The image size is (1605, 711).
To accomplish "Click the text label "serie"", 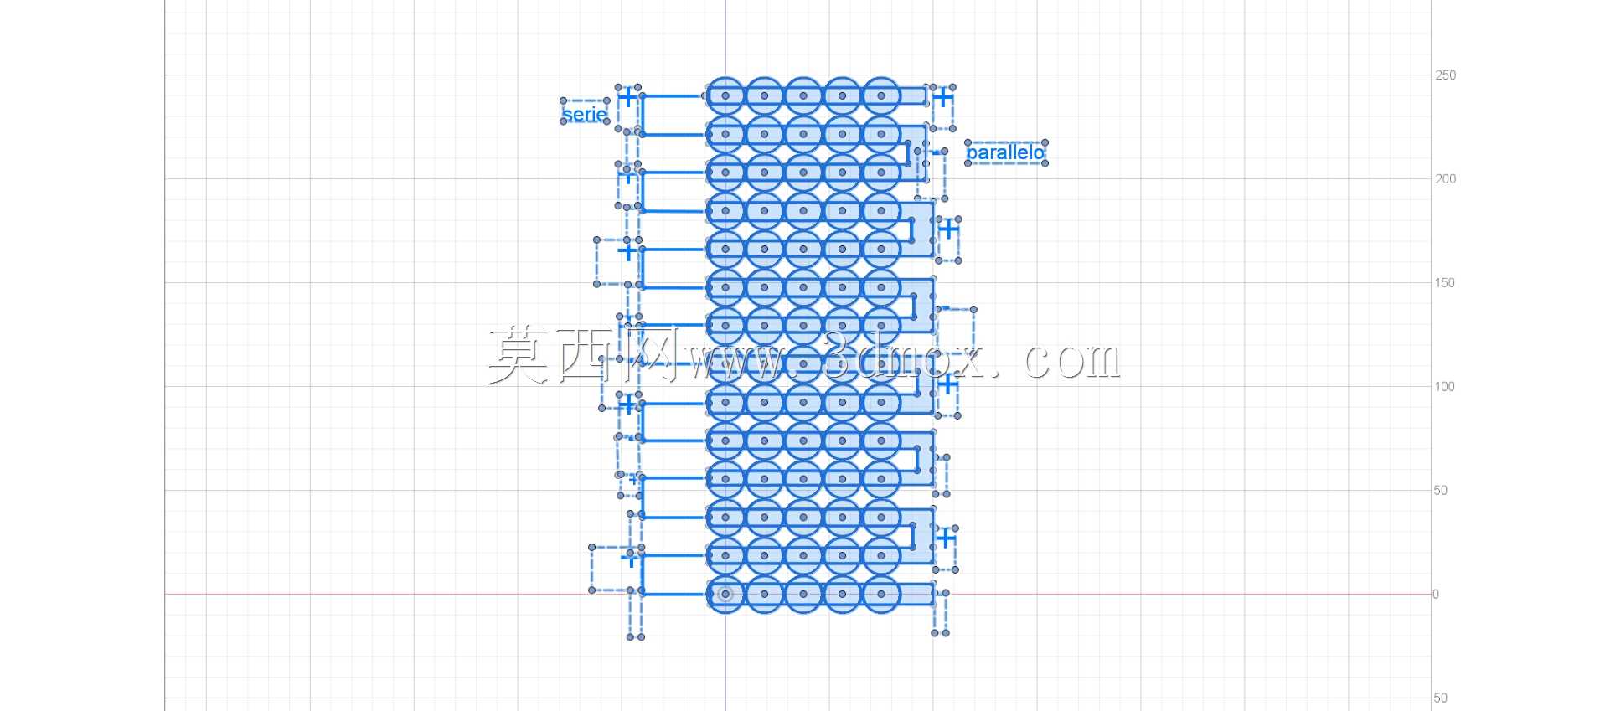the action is [585, 114].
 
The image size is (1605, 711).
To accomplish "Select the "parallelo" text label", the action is [1005, 152].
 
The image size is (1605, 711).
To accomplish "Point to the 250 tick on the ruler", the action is [1445, 75].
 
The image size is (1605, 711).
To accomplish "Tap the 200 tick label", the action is [1445, 179].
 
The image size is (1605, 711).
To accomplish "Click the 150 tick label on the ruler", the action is [1445, 283].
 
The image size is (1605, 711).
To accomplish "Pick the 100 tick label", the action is [1445, 387].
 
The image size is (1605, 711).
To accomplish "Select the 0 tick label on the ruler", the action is [1436, 595].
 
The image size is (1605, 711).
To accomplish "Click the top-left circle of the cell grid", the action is [725, 95].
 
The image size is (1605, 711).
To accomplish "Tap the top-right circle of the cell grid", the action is [881, 95].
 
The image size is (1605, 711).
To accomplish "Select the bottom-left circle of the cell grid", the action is [725, 595].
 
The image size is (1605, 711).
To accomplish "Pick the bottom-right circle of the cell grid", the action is [881, 595].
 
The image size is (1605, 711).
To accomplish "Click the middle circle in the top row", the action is [803, 95].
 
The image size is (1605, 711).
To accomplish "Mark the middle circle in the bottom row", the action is [803, 595].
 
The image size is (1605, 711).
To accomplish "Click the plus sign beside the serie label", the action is [627, 97].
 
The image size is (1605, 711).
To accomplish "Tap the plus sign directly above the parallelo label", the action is [943, 97].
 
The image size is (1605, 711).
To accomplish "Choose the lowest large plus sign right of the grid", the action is [945, 538].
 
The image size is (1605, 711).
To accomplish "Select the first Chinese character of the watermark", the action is [520, 355].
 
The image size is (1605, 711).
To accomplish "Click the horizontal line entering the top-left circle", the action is [673, 96].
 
